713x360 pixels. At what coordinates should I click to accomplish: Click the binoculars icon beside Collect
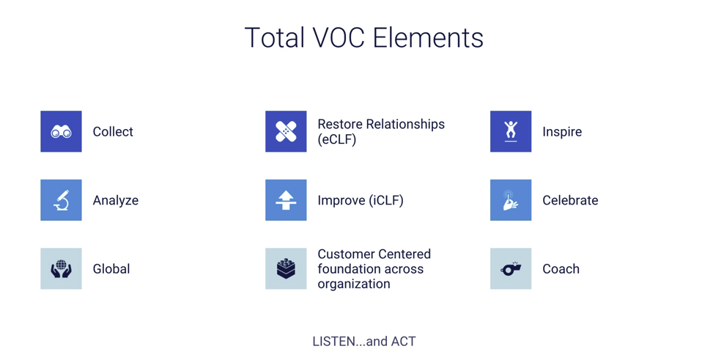click(x=61, y=132)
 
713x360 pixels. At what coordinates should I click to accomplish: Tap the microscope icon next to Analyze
click(x=61, y=200)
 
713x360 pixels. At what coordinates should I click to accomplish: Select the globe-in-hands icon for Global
click(x=61, y=269)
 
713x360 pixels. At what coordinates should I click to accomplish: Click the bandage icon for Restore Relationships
click(x=286, y=132)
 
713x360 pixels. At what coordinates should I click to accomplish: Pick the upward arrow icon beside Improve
click(x=286, y=200)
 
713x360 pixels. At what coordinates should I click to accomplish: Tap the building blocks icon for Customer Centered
click(x=286, y=269)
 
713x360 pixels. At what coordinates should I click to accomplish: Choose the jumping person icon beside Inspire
click(x=511, y=132)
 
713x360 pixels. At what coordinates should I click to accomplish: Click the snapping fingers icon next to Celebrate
click(x=511, y=200)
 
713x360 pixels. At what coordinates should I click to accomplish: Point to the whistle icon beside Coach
click(x=511, y=269)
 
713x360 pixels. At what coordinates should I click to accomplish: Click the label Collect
click(x=113, y=132)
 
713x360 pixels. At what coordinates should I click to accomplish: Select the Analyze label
click(x=115, y=200)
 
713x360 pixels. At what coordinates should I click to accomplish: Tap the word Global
click(x=111, y=269)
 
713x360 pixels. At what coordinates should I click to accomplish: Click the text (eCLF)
click(x=337, y=140)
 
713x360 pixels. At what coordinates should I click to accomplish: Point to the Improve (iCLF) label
click(x=361, y=200)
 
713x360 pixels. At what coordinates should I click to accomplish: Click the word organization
click(x=354, y=284)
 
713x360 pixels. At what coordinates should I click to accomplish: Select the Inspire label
click(x=562, y=132)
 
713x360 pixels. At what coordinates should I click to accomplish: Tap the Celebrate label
click(x=570, y=200)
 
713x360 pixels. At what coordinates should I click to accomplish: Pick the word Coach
click(x=561, y=269)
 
